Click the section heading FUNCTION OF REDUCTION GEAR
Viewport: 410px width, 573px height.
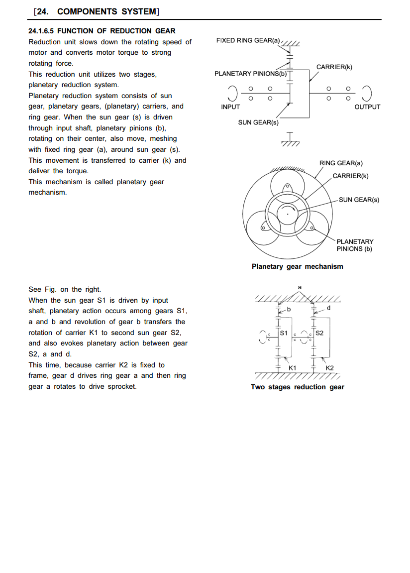point(116,31)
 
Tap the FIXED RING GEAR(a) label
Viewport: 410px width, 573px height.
point(248,40)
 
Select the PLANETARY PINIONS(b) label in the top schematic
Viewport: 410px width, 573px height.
point(250,74)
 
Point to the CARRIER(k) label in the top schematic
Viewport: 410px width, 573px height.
point(334,67)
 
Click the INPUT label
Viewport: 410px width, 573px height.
point(230,107)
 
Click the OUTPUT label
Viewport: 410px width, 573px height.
point(367,107)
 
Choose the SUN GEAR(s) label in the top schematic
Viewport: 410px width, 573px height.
point(258,122)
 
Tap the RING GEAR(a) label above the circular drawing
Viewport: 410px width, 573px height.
point(341,163)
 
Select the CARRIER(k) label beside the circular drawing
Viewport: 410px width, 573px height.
point(350,176)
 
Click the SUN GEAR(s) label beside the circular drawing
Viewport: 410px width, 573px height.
point(359,200)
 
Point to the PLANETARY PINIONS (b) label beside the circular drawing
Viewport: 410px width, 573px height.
point(355,245)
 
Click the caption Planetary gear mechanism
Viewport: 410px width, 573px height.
point(298,267)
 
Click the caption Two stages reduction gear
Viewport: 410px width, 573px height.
point(298,387)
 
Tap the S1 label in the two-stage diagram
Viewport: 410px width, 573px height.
point(284,333)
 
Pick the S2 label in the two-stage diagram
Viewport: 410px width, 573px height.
point(319,333)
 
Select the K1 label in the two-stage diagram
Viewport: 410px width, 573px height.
point(293,368)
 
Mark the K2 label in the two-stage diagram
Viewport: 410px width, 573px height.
point(330,368)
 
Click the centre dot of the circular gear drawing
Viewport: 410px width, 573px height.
point(288,214)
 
